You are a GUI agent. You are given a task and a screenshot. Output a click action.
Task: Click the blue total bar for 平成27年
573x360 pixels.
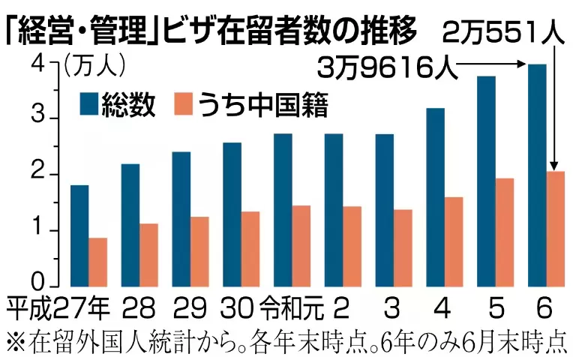(79, 235)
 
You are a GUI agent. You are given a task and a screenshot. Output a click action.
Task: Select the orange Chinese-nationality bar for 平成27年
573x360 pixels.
(97, 262)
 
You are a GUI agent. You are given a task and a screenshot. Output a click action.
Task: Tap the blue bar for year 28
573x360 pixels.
(130, 225)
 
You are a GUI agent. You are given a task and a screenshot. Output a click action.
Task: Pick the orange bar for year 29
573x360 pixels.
(199, 251)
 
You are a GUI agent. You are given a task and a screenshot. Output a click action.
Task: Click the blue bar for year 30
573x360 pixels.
(232, 214)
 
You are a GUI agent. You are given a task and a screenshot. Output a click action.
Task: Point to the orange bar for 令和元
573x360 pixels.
(301, 245)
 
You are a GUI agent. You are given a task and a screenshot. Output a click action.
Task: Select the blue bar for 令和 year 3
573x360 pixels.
(385, 210)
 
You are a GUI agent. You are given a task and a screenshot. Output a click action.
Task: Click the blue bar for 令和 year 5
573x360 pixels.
(487, 181)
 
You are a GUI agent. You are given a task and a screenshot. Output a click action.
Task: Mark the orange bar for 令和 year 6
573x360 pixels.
(555, 229)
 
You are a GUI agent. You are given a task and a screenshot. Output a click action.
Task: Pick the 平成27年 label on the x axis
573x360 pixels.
(59, 307)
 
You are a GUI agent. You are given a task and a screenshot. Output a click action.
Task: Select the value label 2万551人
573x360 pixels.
(501, 33)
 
